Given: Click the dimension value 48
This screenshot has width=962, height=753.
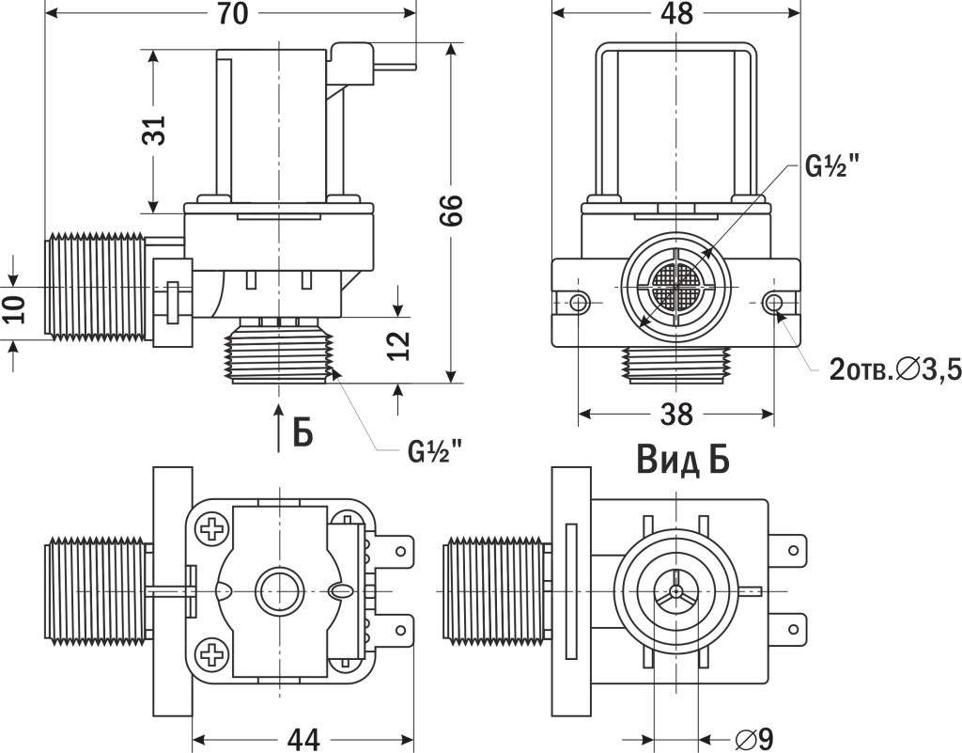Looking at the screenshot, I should point(676,13).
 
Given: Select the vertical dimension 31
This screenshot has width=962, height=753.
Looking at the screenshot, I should point(155,131).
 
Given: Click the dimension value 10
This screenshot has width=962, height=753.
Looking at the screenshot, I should point(13,308).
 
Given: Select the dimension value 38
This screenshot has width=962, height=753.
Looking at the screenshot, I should point(675,414).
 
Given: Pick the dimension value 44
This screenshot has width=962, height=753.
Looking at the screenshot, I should point(302,740).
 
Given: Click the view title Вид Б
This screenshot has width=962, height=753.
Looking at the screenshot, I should point(683,461).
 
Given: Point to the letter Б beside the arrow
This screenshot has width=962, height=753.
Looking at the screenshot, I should point(303,431).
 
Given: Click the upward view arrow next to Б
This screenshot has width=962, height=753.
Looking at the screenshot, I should point(278,428).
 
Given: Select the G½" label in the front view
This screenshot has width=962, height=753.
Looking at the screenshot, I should point(833,168).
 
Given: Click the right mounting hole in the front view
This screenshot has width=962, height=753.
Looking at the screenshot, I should point(774,303).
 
